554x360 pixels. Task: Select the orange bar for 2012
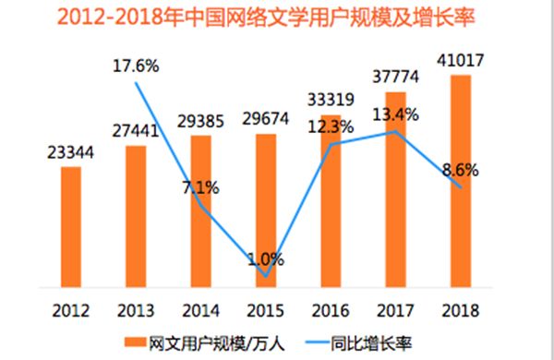pyautogui.click(x=71, y=225)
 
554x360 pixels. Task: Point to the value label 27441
pyautogui.click(x=135, y=132)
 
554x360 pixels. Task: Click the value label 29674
pyautogui.click(x=265, y=121)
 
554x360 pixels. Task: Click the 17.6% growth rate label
pyautogui.click(x=136, y=67)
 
